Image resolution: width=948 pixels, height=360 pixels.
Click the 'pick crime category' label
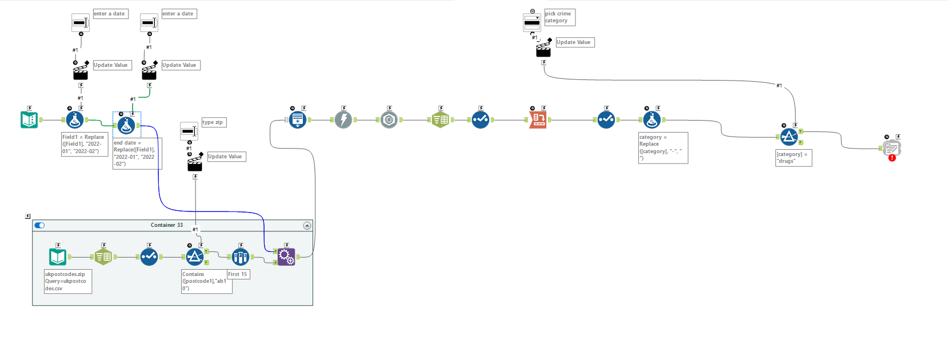click(559, 17)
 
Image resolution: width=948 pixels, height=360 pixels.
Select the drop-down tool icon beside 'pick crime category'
click(532, 23)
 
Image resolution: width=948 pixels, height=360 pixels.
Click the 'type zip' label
click(213, 122)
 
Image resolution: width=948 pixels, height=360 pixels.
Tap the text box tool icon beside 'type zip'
click(189, 131)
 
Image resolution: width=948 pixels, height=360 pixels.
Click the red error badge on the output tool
click(892, 158)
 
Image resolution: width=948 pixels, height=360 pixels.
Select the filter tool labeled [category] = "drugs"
click(789, 137)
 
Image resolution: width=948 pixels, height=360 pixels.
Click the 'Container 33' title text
click(167, 225)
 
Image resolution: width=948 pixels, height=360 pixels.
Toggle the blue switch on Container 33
click(39, 225)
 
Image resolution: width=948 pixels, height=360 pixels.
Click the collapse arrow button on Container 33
click(307, 226)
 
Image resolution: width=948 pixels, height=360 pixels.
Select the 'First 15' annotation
click(238, 274)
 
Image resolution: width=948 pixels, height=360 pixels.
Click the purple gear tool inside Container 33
click(286, 257)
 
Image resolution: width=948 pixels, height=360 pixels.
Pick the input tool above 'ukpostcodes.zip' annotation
click(58, 257)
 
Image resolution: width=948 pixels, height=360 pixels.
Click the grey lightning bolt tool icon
click(343, 120)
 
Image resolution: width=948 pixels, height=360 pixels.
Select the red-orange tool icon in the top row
click(538, 120)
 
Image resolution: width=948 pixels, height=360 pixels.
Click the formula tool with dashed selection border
click(126, 125)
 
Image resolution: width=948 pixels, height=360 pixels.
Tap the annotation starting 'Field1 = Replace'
click(84, 144)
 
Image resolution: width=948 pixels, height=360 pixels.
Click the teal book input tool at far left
click(29, 120)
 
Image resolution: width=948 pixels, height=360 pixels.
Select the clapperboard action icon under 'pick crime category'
click(543, 50)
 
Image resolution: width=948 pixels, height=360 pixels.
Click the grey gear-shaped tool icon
click(389, 120)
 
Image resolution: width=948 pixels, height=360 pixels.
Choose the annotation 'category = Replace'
click(663, 147)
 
